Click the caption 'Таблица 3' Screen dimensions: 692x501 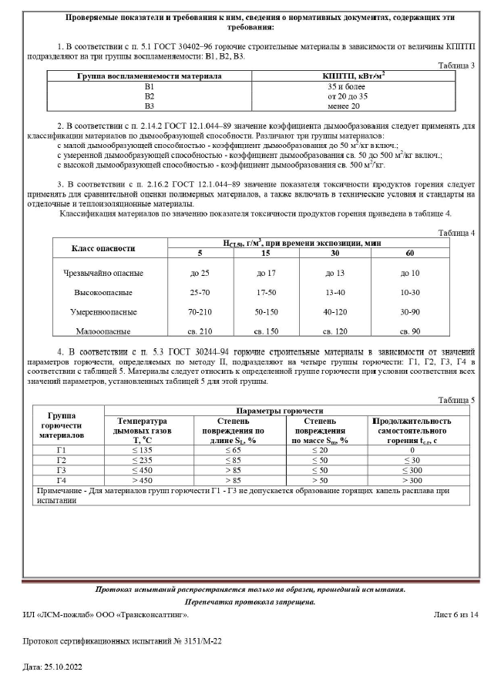(456, 66)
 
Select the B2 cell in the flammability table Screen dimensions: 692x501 (150, 96)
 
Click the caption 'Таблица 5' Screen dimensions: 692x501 (456, 399)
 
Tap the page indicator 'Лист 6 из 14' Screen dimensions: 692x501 (456, 614)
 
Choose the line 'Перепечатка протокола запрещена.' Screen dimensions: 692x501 (250, 601)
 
